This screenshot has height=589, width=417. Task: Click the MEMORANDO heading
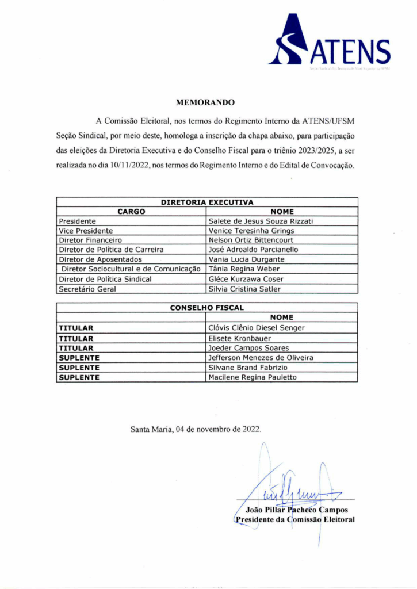click(205, 102)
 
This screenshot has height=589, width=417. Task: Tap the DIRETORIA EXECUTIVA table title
click(207, 202)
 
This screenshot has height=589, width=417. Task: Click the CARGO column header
click(131, 212)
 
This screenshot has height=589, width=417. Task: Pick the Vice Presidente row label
click(86, 231)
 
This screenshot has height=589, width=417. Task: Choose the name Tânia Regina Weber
click(244, 269)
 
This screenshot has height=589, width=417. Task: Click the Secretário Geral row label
click(87, 289)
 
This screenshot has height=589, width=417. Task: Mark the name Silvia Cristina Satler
click(244, 289)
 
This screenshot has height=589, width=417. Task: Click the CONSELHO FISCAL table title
click(207, 308)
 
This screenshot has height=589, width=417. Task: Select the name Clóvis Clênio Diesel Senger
click(256, 328)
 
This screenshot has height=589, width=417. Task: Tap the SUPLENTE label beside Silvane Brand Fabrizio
click(79, 368)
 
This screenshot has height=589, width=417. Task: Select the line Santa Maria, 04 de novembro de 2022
click(196, 429)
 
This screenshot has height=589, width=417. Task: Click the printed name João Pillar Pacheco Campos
click(296, 510)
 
